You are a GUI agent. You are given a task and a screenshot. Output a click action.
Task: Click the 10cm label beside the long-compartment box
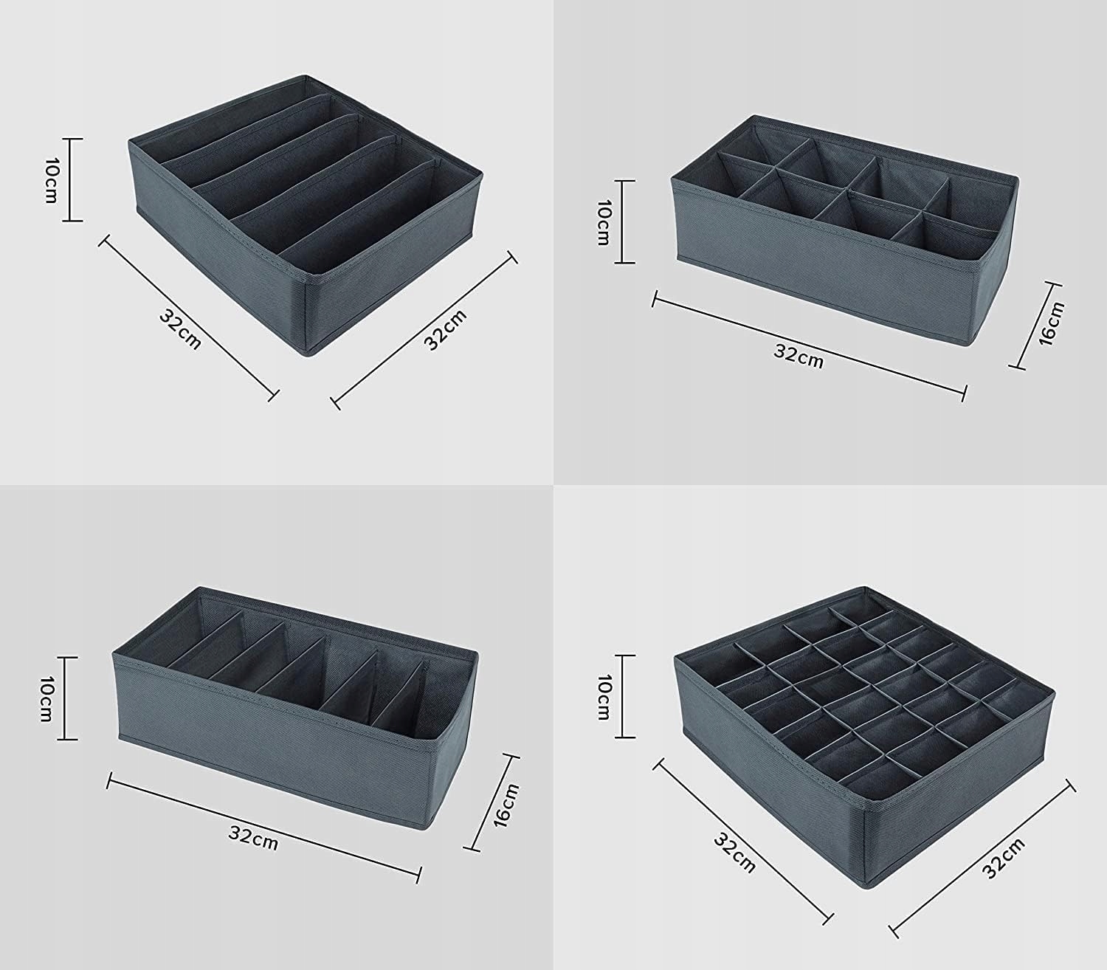tap(51, 180)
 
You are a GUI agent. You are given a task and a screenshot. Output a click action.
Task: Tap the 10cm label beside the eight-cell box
tap(603, 222)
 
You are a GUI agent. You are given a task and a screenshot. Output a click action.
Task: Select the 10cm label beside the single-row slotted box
tap(46, 698)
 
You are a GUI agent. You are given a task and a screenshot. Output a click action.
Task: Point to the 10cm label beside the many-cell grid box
tap(603, 697)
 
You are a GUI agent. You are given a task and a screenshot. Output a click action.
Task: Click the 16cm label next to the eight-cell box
tap(1051, 325)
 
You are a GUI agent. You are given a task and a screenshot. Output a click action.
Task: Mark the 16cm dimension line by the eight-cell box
tap(1035, 326)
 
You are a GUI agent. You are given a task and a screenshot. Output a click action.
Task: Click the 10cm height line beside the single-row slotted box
tap(67, 698)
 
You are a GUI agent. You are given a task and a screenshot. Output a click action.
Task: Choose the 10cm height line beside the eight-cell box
tap(624, 222)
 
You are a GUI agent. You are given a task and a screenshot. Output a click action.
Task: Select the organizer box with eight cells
tap(844, 230)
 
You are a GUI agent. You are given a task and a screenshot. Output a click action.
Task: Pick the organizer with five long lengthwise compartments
tap(306, 216)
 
